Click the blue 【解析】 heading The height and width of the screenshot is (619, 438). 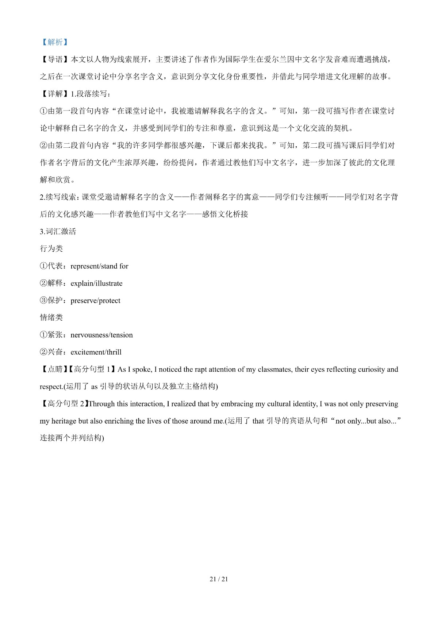[x=54, y=42]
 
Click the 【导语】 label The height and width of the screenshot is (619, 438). [x=55, y=59]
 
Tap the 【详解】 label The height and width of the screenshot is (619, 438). [x=55, y=94]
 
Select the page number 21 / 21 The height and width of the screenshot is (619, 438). [x=219, y=579]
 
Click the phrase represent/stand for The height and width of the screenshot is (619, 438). [x=99, y=266]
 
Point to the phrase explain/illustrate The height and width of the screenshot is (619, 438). [x=96, y=283]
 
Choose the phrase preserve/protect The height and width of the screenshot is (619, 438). [x=95, y=301]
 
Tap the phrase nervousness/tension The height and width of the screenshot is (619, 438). [x=101, y=335]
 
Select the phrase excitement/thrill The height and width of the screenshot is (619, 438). [x=96, y=352]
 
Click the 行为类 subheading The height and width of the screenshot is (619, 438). [x=51, y=249]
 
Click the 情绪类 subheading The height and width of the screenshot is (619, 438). [x=51, y=317]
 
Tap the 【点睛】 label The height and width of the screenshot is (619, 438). [x=55, y=369]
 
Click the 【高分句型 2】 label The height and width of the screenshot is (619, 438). [x=64, y=403]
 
